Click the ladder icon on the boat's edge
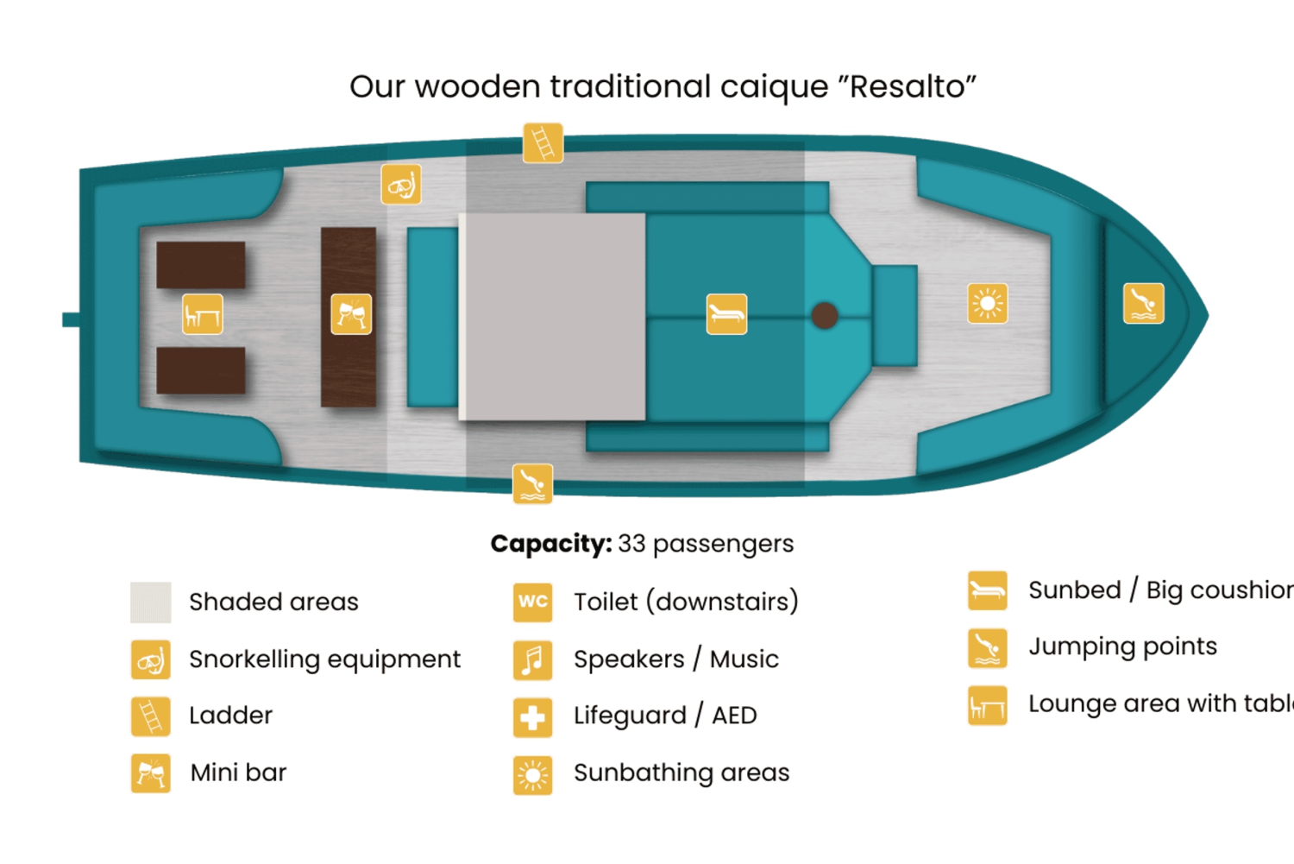(x=543, y=142)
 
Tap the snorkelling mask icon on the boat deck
(x=401, y=184)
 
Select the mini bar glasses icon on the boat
(x=351, y=313)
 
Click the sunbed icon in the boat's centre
(x=726, y=313)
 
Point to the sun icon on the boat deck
(x=988, y=303)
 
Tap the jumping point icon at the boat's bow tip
(x=1143, y=304)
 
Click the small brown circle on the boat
(x=825, y=315)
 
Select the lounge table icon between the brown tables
(x=203, y=314)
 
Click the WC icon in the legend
(x=532, y=602)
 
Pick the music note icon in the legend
(x=532, y=659)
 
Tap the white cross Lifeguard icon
(x=532, y=716)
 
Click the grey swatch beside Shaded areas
(x=150, y=602)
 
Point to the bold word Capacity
(x=550, y=544)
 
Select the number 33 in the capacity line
(x=631, y=544)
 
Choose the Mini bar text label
(x=238, y=773)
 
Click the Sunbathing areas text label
(x=682, y=773)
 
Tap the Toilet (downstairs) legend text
(x=686, y=602)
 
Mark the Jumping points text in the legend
(x=1122, y=646)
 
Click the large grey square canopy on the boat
(x=552, y=316)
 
